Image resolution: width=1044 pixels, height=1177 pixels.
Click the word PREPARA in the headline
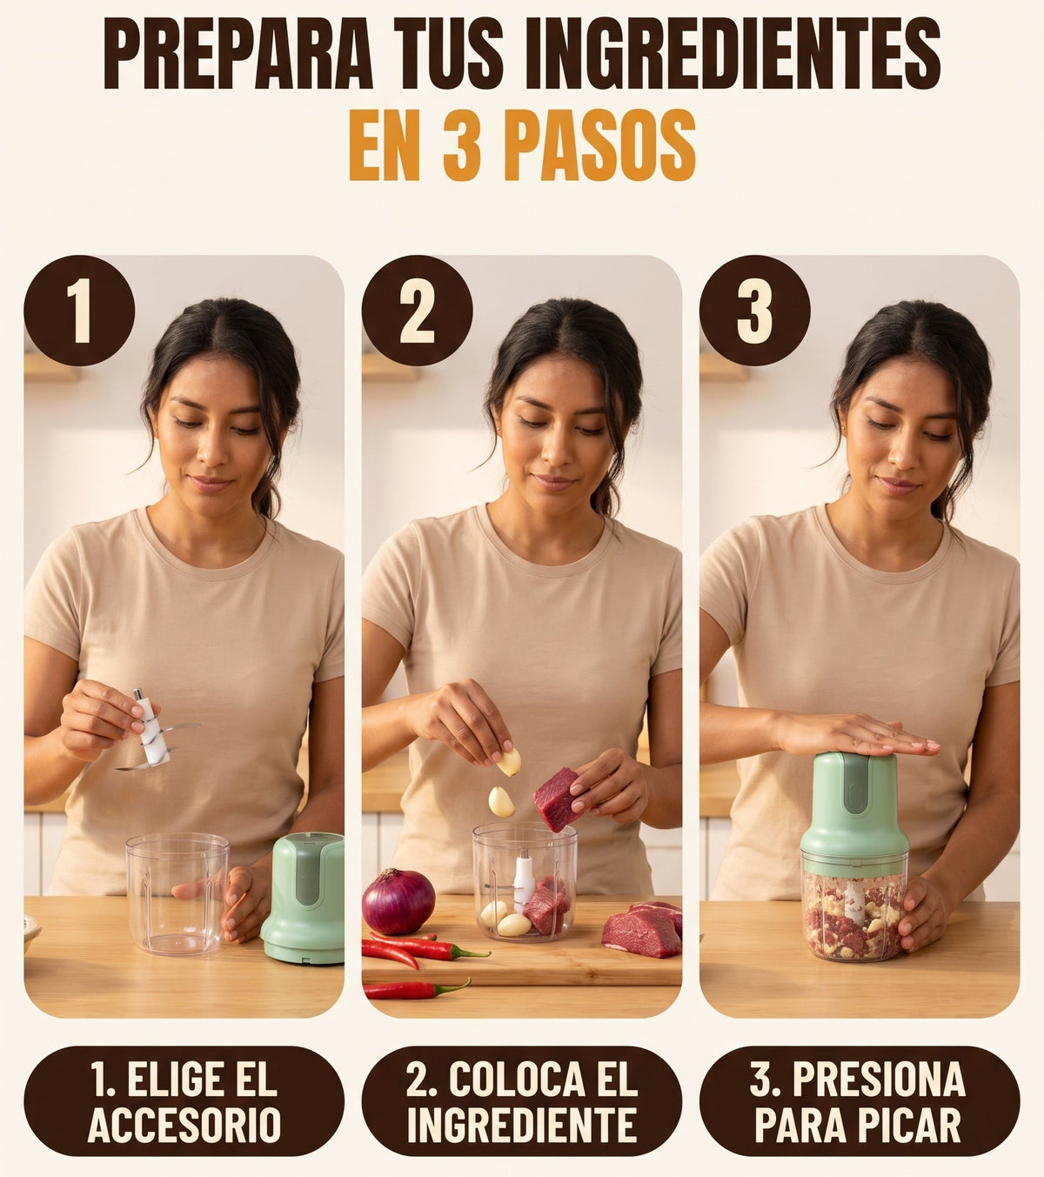click(x=238, y=53)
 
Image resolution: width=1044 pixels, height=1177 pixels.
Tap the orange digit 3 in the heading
click(x=463, y=144)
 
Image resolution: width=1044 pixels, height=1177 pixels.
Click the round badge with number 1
click(x=79, y=311)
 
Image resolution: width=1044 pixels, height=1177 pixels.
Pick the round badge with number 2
click(x=417, y=311)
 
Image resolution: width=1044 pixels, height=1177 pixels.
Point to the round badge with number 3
click(x=754, y=311)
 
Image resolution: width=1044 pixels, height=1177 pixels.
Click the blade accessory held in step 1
click(x=152, y=730)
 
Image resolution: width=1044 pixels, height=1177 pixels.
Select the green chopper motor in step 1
click(x=303, y=898)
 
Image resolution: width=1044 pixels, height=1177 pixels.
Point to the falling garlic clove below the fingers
click(x=500, y=802)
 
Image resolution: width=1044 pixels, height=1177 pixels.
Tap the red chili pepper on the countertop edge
click(x=416, y=988)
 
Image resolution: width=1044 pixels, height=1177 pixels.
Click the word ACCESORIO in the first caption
click(x=184, y=1126)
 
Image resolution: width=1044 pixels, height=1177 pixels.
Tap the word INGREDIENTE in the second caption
click(x=522, y=1126)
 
